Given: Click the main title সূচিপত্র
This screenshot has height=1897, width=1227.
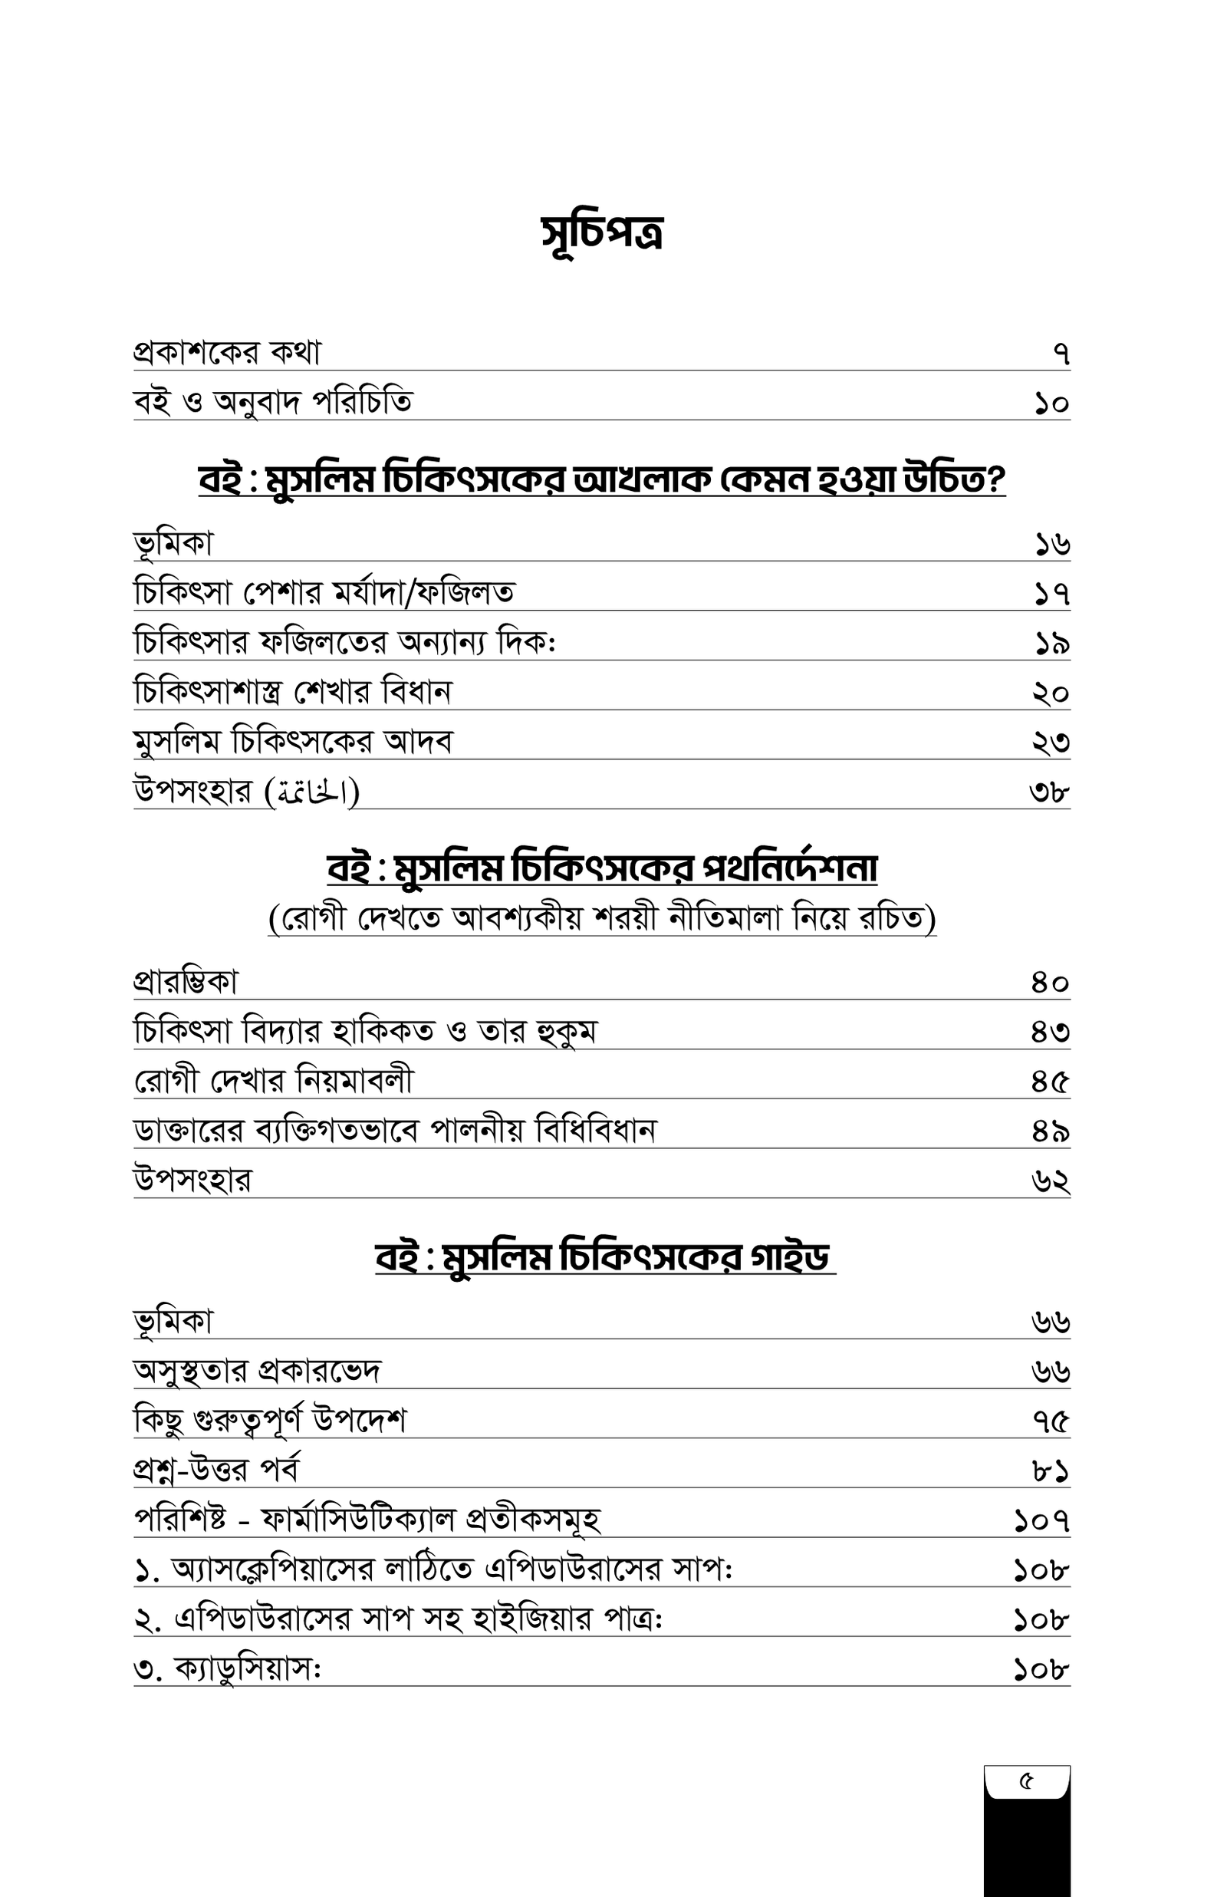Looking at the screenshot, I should click(602, 232).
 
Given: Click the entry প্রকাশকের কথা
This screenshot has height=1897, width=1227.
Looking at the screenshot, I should click(227, 352).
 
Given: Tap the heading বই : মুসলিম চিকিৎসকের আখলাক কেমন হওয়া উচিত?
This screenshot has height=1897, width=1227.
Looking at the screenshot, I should click(602, 480).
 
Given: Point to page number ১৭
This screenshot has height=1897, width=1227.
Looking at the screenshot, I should click(1051, 594).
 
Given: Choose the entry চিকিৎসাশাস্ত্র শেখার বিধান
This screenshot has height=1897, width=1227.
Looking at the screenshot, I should click(292, 692).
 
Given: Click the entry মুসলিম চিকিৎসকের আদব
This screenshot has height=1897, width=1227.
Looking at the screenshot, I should click(292, 742).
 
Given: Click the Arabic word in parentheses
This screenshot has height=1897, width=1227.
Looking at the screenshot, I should click(312, 792).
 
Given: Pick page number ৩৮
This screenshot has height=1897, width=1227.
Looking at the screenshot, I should click(1049, 792).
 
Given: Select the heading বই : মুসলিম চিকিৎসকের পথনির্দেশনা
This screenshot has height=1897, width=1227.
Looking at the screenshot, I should click(602, 868).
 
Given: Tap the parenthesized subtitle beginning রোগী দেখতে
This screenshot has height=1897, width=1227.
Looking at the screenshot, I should click(602, 919).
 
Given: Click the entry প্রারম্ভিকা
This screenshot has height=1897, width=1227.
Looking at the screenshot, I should click(186, 983).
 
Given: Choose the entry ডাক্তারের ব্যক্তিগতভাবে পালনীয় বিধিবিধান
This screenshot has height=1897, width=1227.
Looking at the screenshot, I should click(394, 1131).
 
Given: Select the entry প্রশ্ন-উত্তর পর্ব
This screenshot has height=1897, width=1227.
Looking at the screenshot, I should click(217, 1469).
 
